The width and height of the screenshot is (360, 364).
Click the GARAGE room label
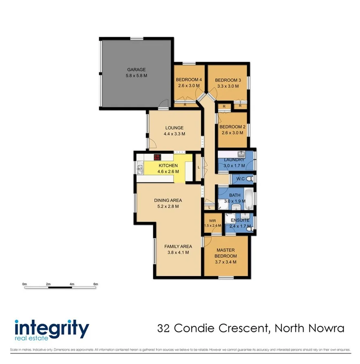(136, 69)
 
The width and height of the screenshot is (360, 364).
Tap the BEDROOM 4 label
(189, 80)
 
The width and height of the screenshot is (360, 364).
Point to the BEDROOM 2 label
(232, 127)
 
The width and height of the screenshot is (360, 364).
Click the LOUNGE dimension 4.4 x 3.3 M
(175, 134)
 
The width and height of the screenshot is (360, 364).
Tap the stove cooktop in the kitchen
(158, 157)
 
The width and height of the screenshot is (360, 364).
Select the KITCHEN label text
(168, 165)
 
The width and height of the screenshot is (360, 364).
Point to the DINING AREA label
(168, 200)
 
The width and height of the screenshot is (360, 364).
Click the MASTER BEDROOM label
(226, 253)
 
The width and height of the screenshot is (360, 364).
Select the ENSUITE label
(240, 220)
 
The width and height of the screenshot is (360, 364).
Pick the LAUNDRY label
(234, 160)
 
